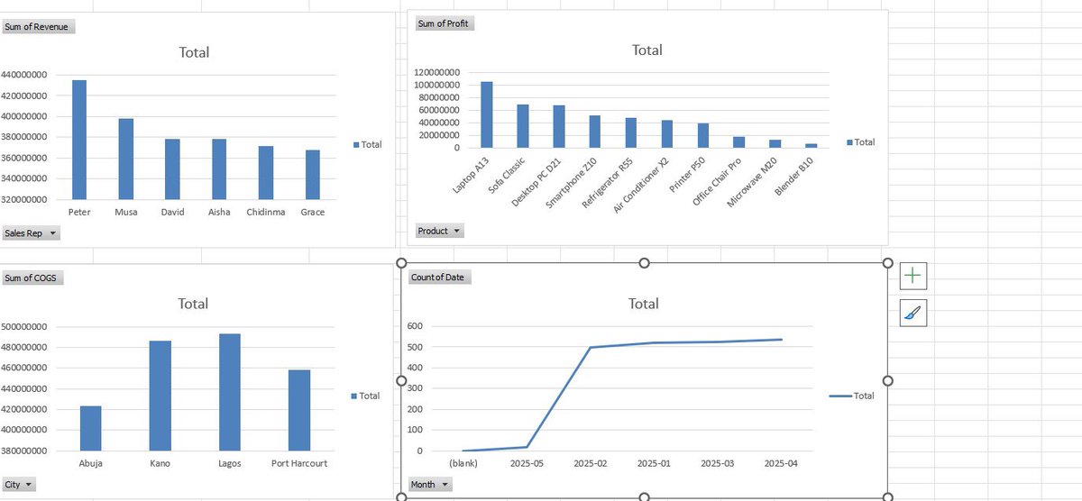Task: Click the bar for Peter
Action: click(79, 140)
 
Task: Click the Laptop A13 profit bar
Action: click(487, 114)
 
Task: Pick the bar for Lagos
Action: click(230, 392)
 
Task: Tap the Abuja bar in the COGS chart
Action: click(90, 428)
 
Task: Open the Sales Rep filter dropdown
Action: click(32, 233)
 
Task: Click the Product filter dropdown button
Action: click(439, 231)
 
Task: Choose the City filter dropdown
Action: click(20, 485)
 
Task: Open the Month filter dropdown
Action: click(430, 485)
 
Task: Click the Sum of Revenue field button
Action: click(38, 26)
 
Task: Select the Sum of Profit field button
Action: click(445, 23)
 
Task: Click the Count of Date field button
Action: click(437, 277)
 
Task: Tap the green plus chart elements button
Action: click(912, 275)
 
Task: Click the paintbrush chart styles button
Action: click(912, 314)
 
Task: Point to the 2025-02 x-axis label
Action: click(590, 463)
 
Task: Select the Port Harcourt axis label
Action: click(299, 463)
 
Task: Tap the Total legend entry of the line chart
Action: click(852, 396)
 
